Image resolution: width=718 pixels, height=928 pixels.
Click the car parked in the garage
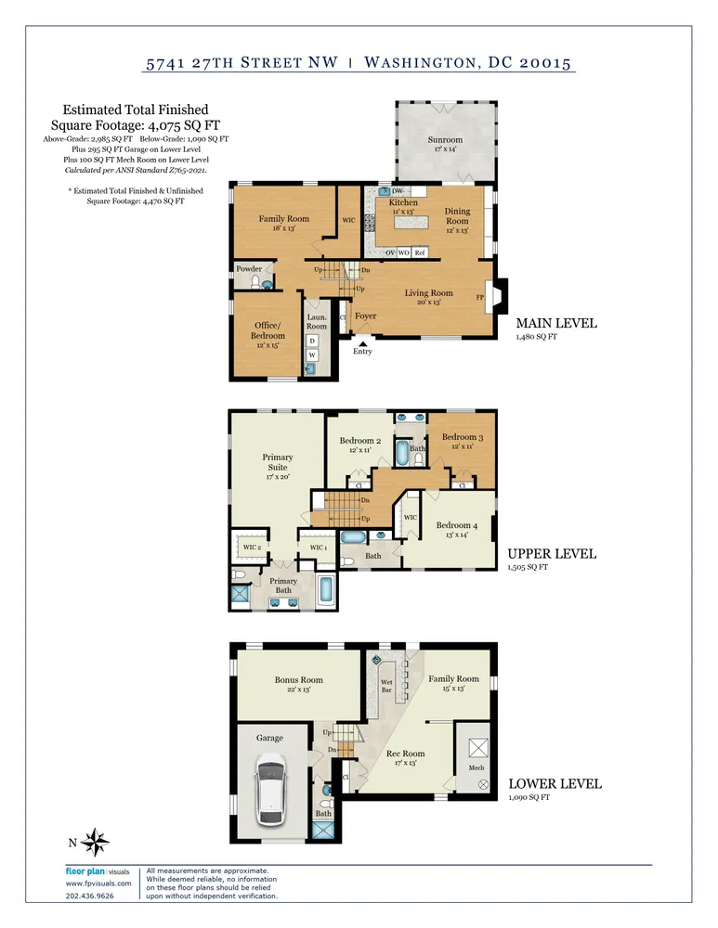(x=271, y=790)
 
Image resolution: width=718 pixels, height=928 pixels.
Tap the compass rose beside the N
(x=95, y=842)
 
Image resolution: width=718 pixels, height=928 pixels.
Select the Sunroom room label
(x=445, y=140)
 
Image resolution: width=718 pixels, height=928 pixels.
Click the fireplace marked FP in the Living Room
(x=496, y=296)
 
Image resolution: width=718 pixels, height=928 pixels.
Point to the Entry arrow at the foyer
(x=362, y=342)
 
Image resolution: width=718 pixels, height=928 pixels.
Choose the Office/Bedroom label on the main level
(x=268, y=330)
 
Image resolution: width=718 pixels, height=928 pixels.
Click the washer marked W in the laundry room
(x=311, y=355)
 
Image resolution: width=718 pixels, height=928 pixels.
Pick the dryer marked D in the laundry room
(x=311, y=341)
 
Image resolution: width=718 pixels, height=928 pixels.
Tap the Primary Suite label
(x=277, y=462)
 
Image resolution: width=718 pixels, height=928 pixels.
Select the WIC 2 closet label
(x=252, y=548)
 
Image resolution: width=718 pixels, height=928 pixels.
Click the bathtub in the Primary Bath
(x=326, y=589)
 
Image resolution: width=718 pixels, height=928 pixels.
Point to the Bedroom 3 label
(x=462, y=437)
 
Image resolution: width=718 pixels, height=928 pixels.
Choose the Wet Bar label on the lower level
(x=386, y=686)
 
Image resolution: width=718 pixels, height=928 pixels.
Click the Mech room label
(x=476, y=767)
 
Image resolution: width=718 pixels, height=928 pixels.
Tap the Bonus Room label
(x=298, y=680)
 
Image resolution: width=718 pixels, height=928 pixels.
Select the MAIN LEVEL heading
(x=556, y=323)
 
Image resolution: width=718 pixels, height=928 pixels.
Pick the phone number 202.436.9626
(x=89, y=896)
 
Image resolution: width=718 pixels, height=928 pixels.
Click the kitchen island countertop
(x=411, y=223)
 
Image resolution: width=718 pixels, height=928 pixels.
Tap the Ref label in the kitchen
(x=420, y=252)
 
